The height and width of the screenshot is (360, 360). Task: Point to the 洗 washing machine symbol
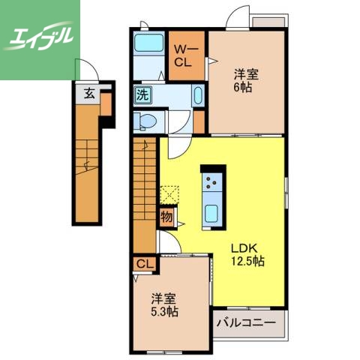tap(142, 95)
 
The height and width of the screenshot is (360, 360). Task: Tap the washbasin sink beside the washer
tap(196, 96)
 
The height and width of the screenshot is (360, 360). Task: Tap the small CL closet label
tap(144, 264)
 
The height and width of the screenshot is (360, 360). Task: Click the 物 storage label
tap(166, 217)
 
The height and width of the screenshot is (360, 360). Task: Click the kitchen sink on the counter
tap(211, 211)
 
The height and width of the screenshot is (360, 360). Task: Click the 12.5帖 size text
tap(247, 262)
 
